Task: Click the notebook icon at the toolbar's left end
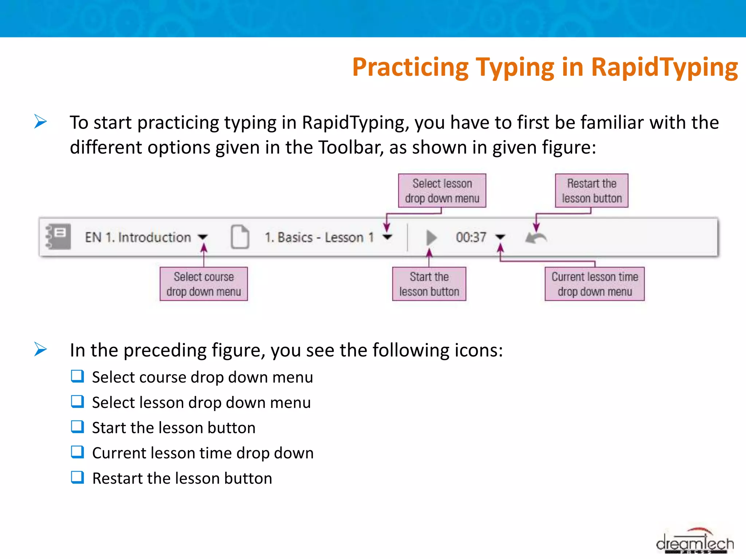tap(59, 237)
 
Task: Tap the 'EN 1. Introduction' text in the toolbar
tap(138, 237)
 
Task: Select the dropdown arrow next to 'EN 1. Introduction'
tap(203, 237)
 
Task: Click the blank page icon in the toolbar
tap(240, 237)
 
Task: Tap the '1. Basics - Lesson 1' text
tap(319, 237)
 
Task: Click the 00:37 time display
tap(471, 237)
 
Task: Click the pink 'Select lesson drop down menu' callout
tap(442, 191)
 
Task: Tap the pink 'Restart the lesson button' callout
tap(592, 191)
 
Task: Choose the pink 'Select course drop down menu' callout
tap(204, 284)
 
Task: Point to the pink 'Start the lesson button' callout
tap(429, 284)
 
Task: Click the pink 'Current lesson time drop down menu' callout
tap(594, 284)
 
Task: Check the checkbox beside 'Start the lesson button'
tap(77, 427)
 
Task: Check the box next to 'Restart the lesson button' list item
tap(77, 477)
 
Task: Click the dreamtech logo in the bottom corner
tap(695, 543)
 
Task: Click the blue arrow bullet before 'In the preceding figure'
tap(40, 349)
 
